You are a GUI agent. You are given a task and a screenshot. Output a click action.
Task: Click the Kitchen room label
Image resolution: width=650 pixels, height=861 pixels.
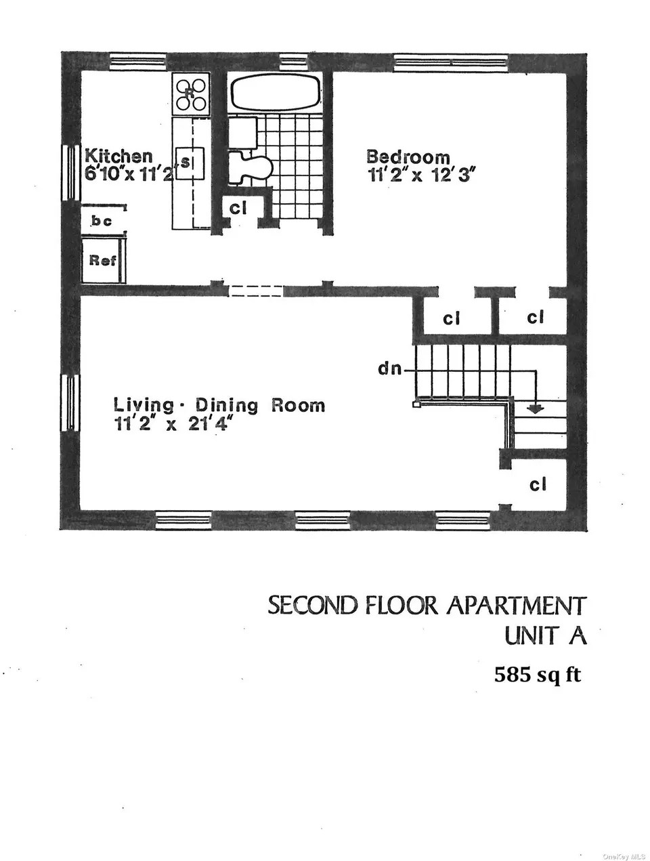118,156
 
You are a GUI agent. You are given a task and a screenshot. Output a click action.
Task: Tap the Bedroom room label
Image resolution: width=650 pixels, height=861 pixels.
408,157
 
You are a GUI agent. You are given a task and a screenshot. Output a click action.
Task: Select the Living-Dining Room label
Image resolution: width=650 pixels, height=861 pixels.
219,405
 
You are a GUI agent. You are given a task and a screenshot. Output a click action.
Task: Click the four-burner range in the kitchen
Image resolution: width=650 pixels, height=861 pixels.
191,94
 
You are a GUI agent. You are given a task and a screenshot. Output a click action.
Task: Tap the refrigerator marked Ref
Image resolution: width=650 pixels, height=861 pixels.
103,260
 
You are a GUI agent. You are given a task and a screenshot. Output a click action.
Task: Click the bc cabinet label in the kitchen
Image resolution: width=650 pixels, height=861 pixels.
102,221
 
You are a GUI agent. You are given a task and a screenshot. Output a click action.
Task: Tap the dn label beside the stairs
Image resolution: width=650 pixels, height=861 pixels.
389,370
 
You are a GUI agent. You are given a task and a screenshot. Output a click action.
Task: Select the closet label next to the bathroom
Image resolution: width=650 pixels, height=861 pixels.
238,209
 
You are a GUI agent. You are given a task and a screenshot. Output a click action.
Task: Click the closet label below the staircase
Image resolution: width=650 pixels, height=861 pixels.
538,484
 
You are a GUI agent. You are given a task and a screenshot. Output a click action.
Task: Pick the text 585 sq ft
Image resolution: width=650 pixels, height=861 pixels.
538,675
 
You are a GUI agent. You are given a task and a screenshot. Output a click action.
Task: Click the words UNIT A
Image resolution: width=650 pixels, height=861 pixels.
545,637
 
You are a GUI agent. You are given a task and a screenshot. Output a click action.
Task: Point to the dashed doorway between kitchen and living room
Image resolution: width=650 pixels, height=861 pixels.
255,291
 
